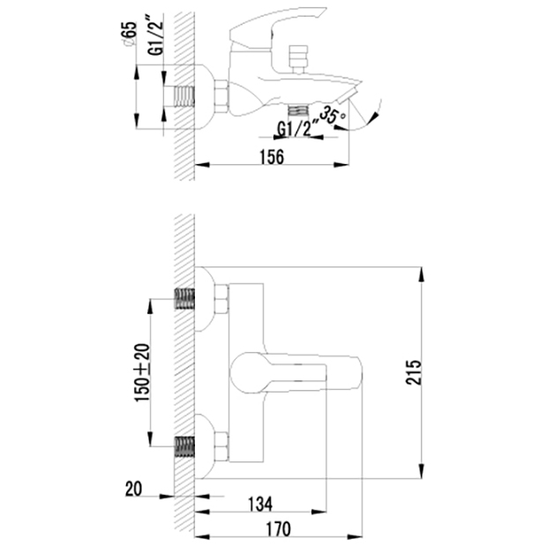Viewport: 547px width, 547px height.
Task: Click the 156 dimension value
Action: click(x=272, y=157)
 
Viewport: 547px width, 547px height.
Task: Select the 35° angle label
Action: click(x=333, y=115)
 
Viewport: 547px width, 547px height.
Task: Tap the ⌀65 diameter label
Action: click(x=129, y=34)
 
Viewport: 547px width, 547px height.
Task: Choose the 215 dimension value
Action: click(x=414, y=372)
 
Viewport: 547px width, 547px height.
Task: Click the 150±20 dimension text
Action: click(x=142, y=372)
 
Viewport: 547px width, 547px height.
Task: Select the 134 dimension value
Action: click(x=260, y=504)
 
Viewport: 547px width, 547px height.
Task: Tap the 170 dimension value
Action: click(x=279, y=528)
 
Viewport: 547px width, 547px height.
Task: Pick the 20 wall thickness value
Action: click(x=133, y=489)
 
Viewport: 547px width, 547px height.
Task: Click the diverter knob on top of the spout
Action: click(x=297, y=58)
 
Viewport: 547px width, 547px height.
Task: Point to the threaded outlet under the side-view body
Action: click(x=298, y=109)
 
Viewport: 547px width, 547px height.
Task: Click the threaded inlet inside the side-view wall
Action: click(x=184, y=96)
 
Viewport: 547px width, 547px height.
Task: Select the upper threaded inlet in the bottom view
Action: click(x=184, y=298)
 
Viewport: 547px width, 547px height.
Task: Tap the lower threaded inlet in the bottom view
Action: click(x=184, y=446)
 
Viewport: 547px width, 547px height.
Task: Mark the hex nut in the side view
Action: click(x=221, y=96)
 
